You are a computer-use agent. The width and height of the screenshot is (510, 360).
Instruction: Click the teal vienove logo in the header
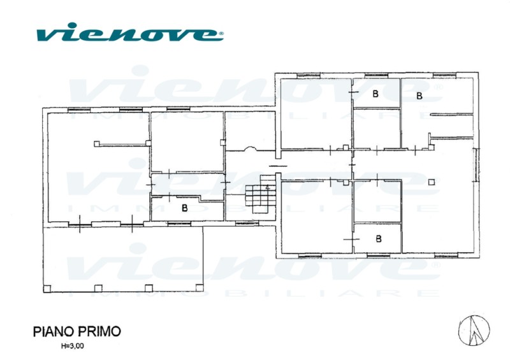(130, 32)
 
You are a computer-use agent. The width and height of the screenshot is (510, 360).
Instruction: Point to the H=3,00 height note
(72, 346)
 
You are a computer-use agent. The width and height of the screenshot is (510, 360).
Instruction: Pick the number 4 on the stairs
(267, 187)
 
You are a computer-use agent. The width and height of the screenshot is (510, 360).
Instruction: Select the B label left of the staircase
(185, 208)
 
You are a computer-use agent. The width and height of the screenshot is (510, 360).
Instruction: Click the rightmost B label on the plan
(419, 96)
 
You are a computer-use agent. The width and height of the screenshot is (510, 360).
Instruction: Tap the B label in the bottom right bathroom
(378, 239)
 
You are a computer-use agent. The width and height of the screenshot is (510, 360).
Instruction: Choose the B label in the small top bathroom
(375, 94)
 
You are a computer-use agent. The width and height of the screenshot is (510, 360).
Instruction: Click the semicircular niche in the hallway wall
(251, 148)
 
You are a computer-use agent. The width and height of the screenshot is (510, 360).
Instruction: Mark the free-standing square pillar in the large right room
(432, 182)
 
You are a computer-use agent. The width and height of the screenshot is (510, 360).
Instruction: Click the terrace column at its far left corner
(47, 289)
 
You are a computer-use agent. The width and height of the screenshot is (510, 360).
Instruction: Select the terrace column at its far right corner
(200, 288)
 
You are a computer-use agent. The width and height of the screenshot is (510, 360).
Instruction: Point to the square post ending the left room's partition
(97, 143)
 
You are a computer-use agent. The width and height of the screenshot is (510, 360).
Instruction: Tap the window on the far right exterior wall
(476, 164)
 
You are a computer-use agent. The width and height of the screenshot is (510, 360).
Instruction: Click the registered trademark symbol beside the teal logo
(221, 33)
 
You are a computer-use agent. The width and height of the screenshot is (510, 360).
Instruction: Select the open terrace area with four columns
(123, 259)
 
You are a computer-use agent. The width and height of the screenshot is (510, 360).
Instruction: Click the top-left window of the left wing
(78, 110)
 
